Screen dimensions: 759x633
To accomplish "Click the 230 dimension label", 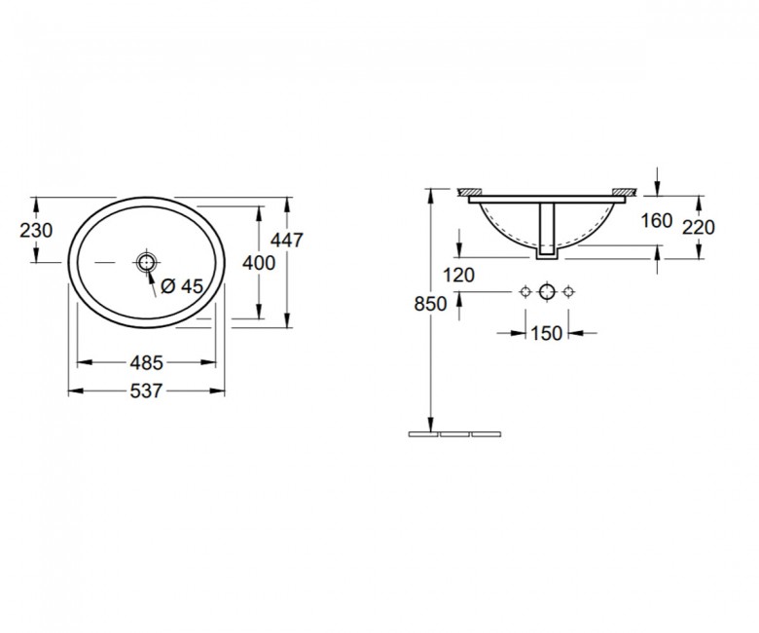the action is tap(36, 231).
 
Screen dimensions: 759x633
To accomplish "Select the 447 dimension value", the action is tap(286, 240).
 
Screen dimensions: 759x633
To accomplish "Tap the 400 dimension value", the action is tap(259, 263).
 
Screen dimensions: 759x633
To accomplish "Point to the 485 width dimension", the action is tap(146, 362).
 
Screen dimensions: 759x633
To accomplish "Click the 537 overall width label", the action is tap(146, 391).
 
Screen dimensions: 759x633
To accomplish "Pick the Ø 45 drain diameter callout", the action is tap(182, 286).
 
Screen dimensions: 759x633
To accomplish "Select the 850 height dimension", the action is tap(430, 304).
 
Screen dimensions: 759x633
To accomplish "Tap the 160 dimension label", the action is tap(657, 221).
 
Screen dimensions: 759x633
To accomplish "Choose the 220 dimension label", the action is tap(699, 227).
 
